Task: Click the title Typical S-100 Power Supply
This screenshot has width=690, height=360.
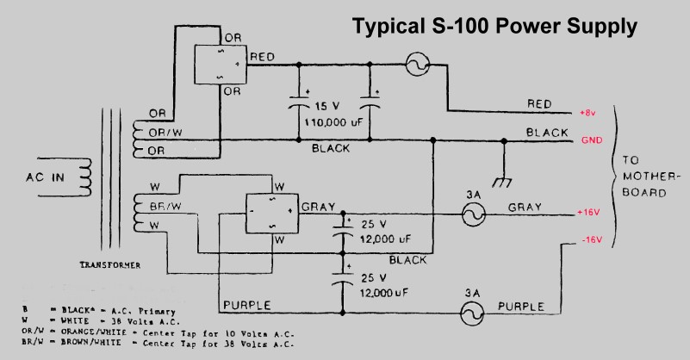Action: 494,27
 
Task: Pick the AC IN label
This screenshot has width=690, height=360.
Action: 41,179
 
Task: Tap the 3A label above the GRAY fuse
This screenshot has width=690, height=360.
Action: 472,194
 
